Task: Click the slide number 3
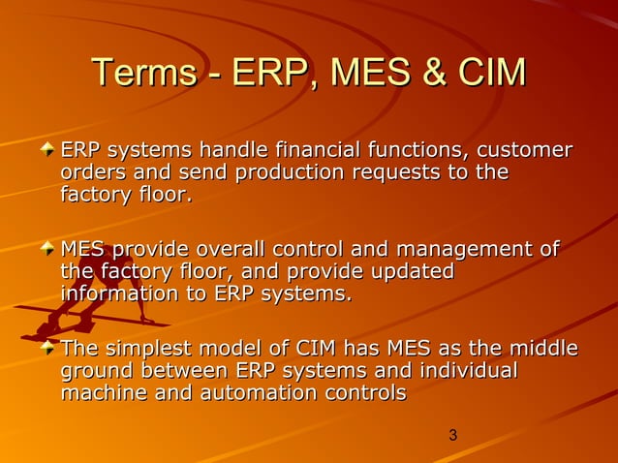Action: (x=452, y=436)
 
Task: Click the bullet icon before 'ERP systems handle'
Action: (x=48, y=151)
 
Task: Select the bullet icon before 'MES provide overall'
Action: (x=48, y=251)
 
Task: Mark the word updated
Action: (x=412, y=272)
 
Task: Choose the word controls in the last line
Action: (x=370, y=394)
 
